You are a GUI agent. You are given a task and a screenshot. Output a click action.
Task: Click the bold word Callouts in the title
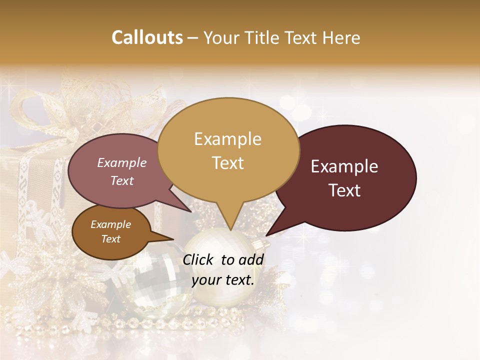147,37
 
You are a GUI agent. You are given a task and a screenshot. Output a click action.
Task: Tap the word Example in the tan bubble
227,139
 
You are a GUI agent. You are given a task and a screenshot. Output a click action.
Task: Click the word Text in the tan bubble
227,163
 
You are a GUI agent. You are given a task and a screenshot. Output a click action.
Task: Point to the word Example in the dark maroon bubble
344,166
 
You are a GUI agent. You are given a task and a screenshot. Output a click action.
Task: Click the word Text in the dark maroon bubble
344,190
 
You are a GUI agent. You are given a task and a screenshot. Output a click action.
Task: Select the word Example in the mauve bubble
121,162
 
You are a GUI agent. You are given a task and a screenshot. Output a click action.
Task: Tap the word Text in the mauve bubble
121,180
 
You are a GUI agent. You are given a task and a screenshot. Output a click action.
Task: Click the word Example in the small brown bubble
110,224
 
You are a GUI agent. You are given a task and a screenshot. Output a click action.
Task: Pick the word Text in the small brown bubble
110,239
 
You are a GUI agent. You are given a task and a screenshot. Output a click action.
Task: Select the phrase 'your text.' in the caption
222,280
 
